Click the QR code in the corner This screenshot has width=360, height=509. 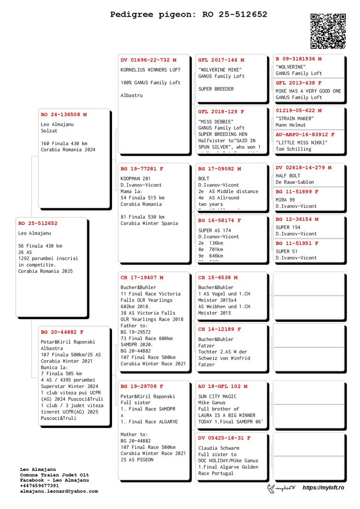tap(328, 31)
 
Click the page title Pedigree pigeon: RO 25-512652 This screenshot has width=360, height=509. tap(189, 15)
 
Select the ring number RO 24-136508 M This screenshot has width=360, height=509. tap(64, 114)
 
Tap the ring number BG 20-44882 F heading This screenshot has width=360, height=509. tap(62, 332)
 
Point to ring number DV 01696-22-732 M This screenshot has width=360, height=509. tap(148, 60)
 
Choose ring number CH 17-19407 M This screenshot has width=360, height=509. tap(142, 278)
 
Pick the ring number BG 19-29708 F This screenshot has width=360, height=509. tap(142, 386)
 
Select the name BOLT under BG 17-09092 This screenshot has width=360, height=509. tap(204, 178)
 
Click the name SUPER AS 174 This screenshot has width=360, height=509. tap(215, 230)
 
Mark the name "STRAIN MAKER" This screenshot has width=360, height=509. tap(295, 118)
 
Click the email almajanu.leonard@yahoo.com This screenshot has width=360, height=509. tap(59, 491)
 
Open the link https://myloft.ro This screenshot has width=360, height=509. tap(323, 488)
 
